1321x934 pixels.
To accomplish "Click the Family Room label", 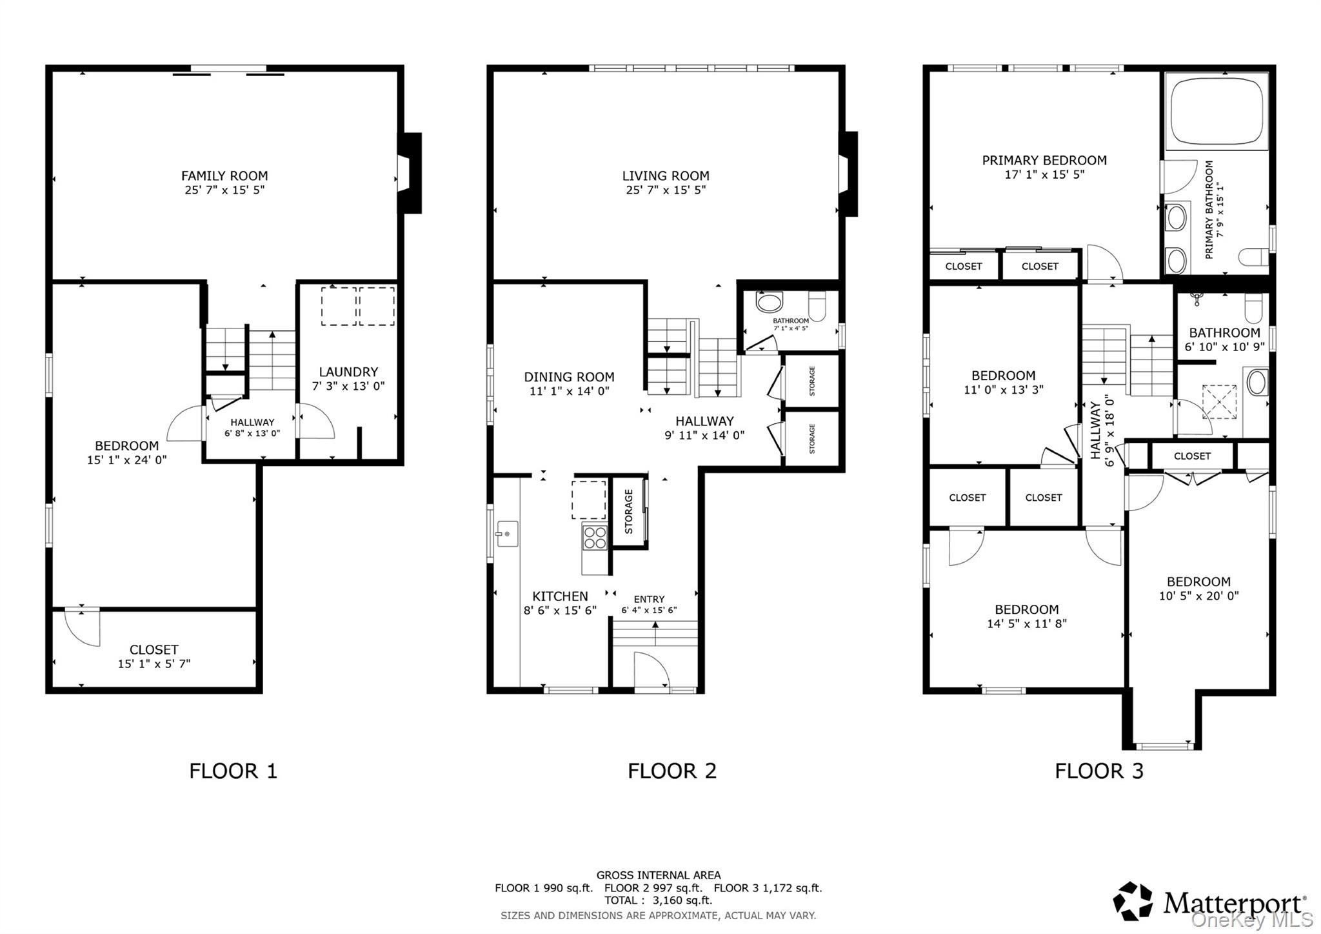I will coord(224,176).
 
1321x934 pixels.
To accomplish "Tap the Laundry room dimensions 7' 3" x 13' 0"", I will coord(348,386).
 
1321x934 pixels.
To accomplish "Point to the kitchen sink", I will coord(507,534).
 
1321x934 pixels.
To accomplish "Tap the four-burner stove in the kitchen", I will coord(595,537).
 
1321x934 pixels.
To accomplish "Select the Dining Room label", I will coord(569,377).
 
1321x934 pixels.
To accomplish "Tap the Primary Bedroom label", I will coord(1044,160).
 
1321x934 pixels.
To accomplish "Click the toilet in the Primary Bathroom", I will coord(1253,257).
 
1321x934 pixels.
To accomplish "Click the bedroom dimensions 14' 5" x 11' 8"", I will coord(1026,624).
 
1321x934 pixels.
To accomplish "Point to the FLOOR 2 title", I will coord(672,771).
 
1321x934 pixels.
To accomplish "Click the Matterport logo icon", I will coord(1133,900).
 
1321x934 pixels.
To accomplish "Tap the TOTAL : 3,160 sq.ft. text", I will coord(658,900).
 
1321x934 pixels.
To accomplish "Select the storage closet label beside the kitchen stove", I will coord(629,511).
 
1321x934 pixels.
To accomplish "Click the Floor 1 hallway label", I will coord(252,422).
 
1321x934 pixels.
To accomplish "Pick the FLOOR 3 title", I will coord(1099,771).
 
